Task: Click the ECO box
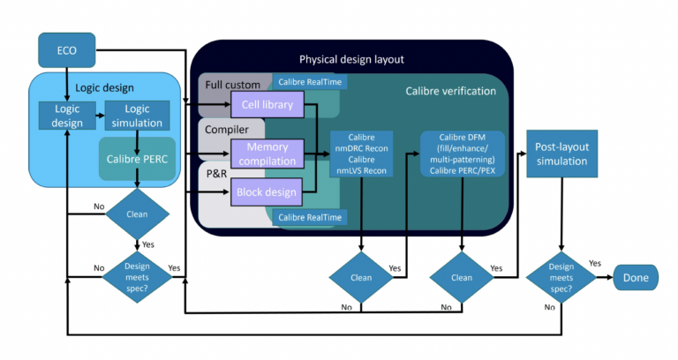pos(67,49)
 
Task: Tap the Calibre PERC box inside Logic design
pos(136,159)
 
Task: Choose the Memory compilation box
pos(267,154)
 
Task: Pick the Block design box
pos(267,191)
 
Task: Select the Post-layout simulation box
pos(562,157)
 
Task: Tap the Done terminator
pos(636,277)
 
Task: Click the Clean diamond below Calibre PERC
pos(136,213)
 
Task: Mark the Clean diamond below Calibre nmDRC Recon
pos(362,276)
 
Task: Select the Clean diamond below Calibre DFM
pos(461,276)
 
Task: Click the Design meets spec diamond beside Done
pos(562,276)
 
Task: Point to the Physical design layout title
pos(352,60)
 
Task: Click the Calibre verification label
pos(450,91)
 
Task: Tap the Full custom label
pos(232,85)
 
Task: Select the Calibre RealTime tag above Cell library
pos(307,82)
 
